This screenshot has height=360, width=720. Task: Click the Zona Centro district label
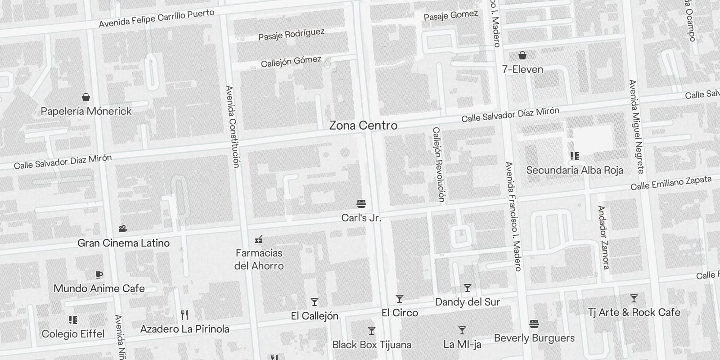pos(363,126)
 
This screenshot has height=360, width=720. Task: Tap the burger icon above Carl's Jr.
pos(361,204)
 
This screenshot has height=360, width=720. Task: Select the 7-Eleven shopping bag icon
pos(522,55)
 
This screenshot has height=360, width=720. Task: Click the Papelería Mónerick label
pos(86,111)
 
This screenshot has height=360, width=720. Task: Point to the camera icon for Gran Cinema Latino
pos(123,229)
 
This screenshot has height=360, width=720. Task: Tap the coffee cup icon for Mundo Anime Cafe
pos(99,274)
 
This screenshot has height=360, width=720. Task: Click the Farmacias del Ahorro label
pos(259,259)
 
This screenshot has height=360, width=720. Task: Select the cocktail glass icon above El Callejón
pos(315,302)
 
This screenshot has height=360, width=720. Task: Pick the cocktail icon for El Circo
pos(399,299)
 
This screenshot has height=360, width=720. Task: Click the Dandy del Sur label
pos(468,302)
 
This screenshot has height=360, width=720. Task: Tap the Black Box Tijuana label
pos(372,345)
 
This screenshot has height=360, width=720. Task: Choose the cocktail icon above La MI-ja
pos(462,330)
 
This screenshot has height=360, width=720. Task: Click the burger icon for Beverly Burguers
pos(534,324)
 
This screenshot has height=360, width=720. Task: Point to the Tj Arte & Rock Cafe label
pos(634,312)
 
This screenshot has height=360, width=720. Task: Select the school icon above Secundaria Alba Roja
pos(575,156)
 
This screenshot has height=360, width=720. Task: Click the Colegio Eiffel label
pos(73,334)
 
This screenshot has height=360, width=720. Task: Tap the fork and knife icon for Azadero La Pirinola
pos(184,315)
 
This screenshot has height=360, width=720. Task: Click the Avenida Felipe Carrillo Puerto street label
pos(157,18)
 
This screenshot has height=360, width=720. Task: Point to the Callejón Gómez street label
pos(291,61)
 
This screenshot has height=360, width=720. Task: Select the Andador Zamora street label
pos(603,237)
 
